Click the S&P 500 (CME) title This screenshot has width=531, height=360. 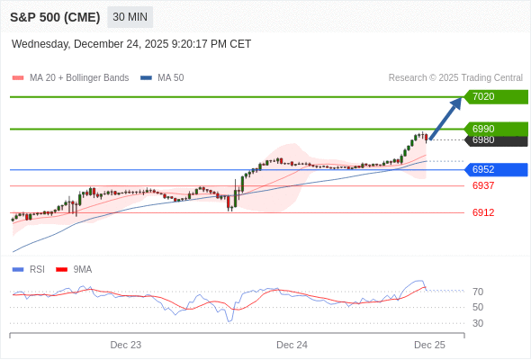coord(56,16)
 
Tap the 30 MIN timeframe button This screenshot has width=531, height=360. coord(130,16)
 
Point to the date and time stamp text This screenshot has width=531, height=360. coord(131,44)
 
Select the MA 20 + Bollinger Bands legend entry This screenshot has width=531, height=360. coord(71,78)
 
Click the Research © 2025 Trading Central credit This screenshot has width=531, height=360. coord(455,78)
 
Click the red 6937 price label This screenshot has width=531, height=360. coord(483,185)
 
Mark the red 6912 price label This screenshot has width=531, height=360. coord(483,212)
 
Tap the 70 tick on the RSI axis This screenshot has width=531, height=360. coord(478,292)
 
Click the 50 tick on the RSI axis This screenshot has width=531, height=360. coord(478,307)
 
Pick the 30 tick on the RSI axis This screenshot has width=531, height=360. coord(478,323)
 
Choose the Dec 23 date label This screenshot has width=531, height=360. coord(126,345)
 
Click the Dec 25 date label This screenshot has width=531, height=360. coord(429,345)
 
